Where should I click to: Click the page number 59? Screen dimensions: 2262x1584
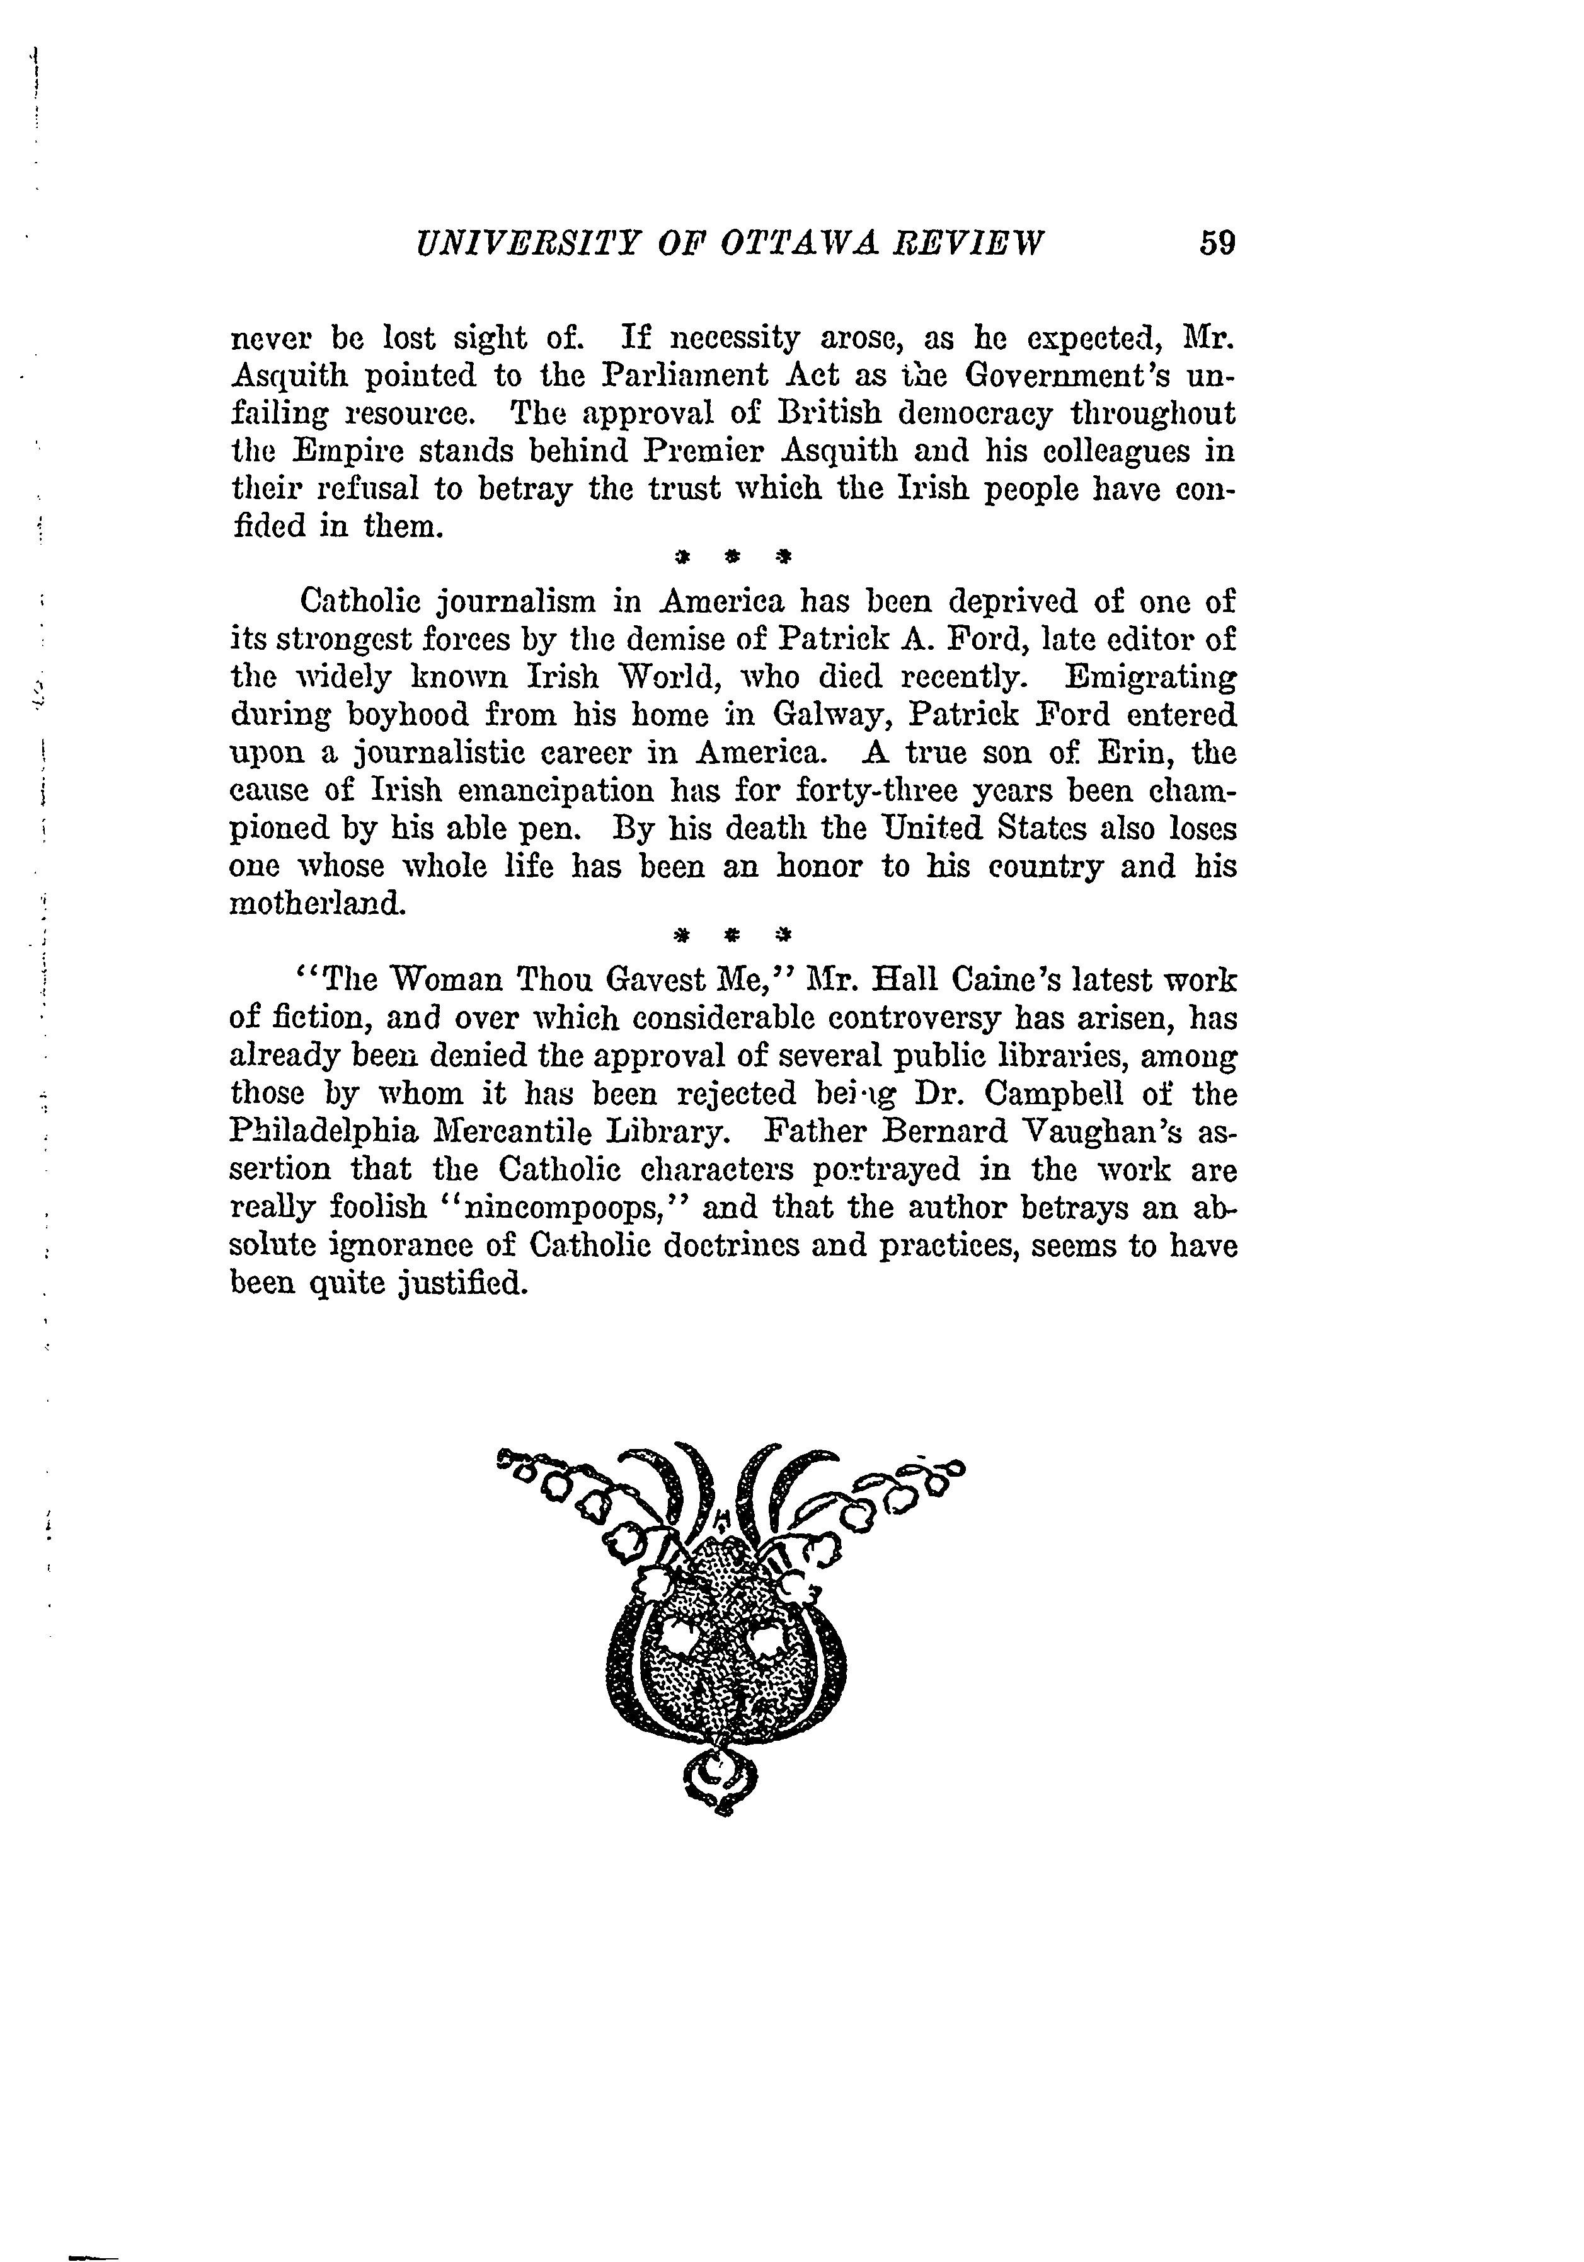click(x=1217, y=243)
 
